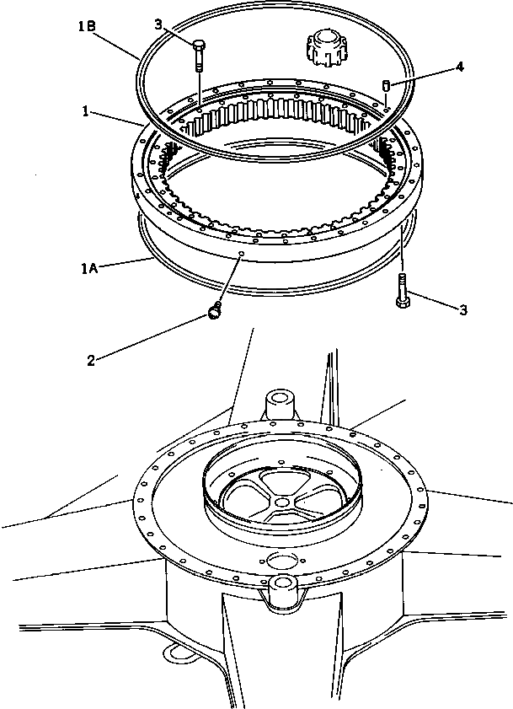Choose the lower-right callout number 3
pos(462,311)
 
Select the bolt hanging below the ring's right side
pos(403,289)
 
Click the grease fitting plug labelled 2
pos(216,314)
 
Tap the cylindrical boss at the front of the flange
pos(281,593)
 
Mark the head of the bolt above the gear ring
pos(199,45)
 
